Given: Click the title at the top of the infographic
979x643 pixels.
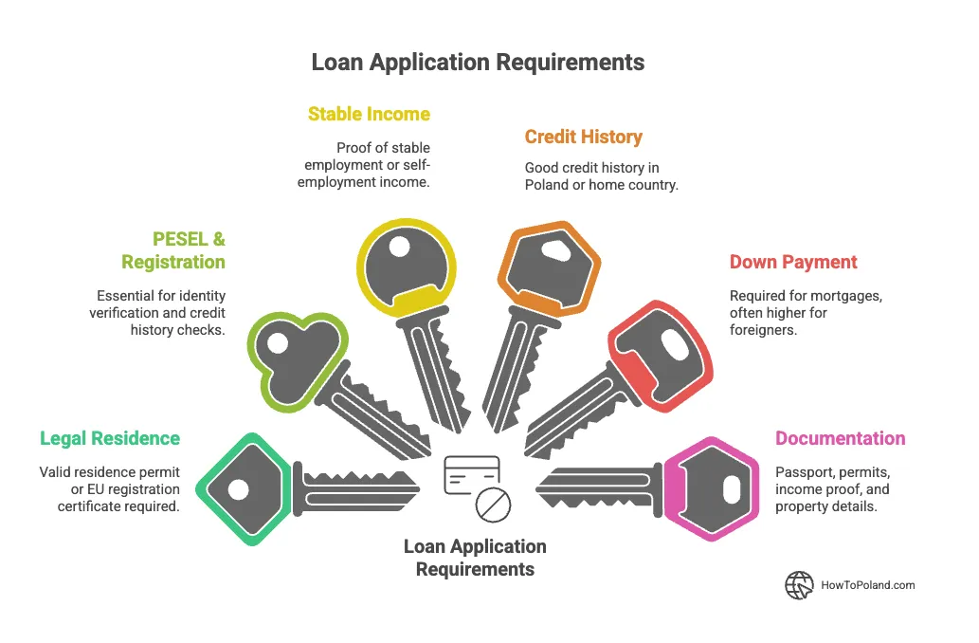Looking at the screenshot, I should (478, 63).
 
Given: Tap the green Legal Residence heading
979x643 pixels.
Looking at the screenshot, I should (110, 438).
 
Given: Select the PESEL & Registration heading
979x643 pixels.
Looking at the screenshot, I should (173, 250).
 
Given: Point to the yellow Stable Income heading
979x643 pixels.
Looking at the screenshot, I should (369, 114).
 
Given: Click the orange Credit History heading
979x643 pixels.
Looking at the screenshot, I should (584, 137).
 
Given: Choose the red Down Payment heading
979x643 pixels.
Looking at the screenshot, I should (793, 262).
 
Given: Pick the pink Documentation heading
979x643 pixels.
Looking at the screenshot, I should (840, 438).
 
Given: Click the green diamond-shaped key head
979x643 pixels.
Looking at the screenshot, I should (242, 488).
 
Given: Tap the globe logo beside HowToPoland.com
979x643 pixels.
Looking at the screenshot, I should (799, 585).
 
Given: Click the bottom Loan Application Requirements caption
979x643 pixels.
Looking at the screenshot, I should (475, 558).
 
